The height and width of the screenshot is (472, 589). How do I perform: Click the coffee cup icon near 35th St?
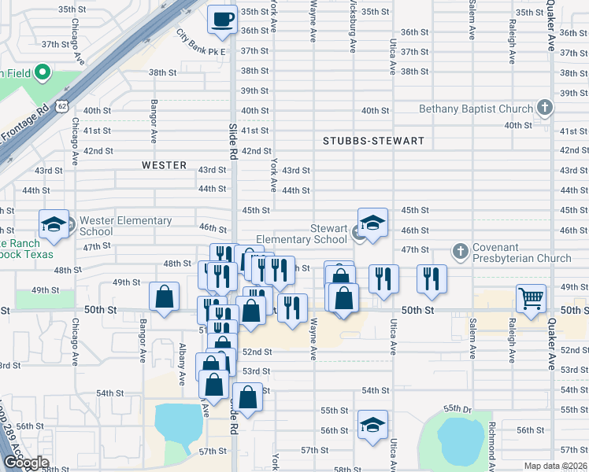click(x=222, y=18)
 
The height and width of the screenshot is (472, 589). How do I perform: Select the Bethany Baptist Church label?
click(x=475, y=109)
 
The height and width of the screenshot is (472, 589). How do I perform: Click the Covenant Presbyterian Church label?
click(x=521, y=253)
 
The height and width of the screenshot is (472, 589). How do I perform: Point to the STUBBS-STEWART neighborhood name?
click(x=373, y=142)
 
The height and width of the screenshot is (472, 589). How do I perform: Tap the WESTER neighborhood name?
click(x=164, y=165)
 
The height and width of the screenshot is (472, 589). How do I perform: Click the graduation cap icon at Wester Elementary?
click(x=54, y=224)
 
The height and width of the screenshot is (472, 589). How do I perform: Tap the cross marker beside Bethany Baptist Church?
click(x=543, y=108)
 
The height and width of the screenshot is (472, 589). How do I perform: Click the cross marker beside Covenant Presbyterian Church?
click(x=461, y=251)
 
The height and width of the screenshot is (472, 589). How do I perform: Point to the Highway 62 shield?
click(x=61, y=105)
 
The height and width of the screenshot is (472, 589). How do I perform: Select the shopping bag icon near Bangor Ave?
click(x=165, y=297)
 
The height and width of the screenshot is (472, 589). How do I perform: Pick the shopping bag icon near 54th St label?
click(x=247, y=397)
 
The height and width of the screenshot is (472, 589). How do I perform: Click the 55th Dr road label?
click(x=456, y=408)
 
